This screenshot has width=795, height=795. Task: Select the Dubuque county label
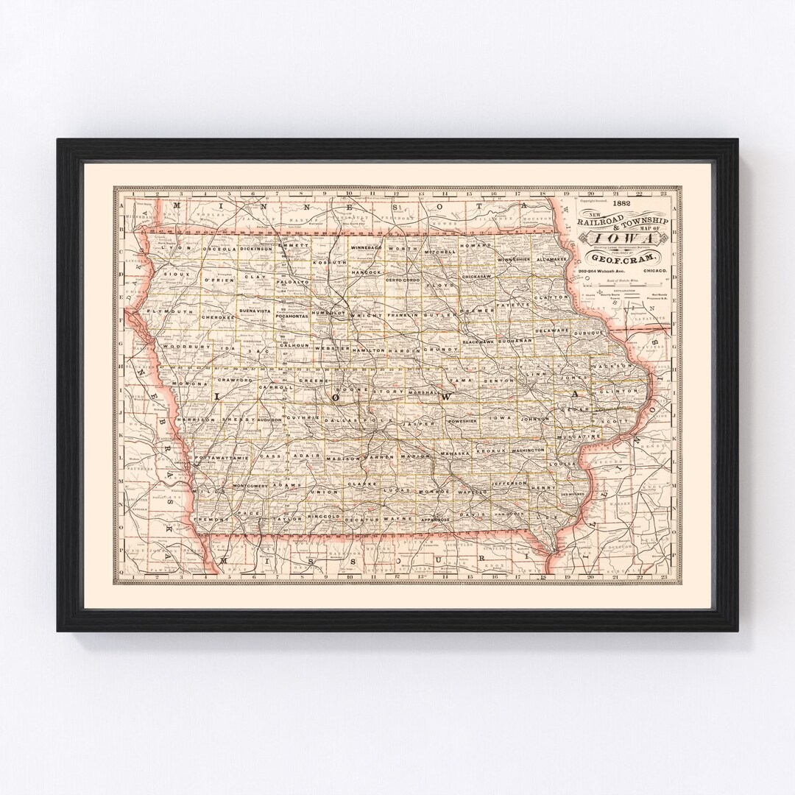(588, 333)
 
